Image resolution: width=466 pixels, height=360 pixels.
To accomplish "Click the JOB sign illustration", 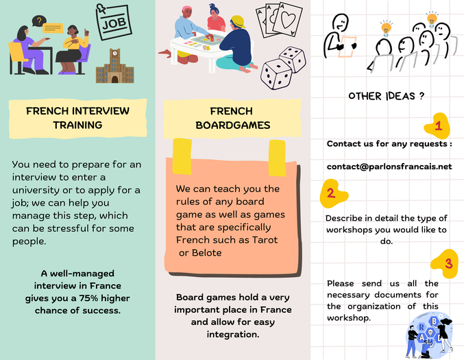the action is coord(114,22).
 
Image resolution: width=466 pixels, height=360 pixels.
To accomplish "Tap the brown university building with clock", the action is coord(115,66).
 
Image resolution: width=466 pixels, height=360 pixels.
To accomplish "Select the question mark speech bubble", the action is coord(39,21).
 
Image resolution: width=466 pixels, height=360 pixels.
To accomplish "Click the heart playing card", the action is coord(287,20).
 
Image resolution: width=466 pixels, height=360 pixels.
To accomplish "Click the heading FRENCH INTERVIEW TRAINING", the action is coord(77,118).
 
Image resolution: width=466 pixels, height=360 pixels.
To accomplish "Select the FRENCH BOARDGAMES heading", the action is coord(233,119).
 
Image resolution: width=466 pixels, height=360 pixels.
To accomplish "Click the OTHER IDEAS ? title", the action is coord(386,96).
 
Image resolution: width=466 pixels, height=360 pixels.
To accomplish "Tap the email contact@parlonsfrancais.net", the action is coord(389,167).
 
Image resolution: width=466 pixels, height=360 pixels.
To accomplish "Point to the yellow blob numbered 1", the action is coord(437,125).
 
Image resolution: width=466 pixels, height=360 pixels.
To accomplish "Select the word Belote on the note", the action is coord(206,252).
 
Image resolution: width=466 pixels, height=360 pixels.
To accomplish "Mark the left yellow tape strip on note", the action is coord(182,156).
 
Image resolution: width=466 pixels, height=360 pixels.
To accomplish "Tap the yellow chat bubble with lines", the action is coord(53,28).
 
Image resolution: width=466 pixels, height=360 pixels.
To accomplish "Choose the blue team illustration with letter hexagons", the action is coord(430,336).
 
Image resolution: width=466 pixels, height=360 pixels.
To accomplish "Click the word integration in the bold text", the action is coord(233,335).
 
